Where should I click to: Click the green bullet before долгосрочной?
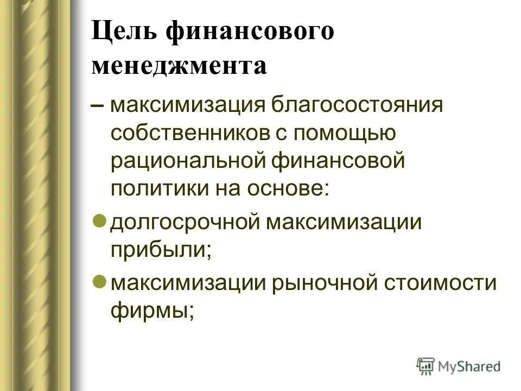pyautogui.click(x=99, y=221)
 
